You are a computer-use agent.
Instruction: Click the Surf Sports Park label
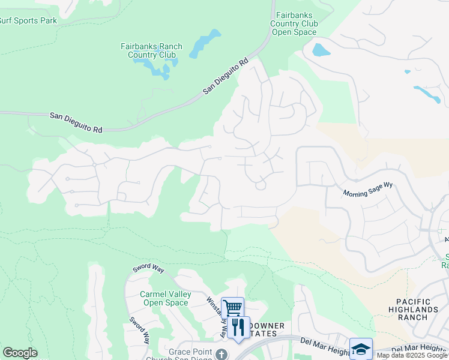(28, 20)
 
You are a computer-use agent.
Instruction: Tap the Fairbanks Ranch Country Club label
(148, 50)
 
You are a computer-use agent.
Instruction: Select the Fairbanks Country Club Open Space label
(294, 23)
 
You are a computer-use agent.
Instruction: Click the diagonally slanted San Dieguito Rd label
(226, 76)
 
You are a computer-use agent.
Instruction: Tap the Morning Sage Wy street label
(367, 189)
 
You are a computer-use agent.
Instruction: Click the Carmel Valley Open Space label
(165, 298)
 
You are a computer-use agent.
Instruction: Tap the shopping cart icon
(233, 308)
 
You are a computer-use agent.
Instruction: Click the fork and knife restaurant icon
(239, 328)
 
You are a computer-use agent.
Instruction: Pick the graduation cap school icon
(361, 349)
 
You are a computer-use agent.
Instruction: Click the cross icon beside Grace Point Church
(221, 354)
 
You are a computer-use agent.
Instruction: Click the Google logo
(20, 353)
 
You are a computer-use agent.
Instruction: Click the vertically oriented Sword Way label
(138, 329)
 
